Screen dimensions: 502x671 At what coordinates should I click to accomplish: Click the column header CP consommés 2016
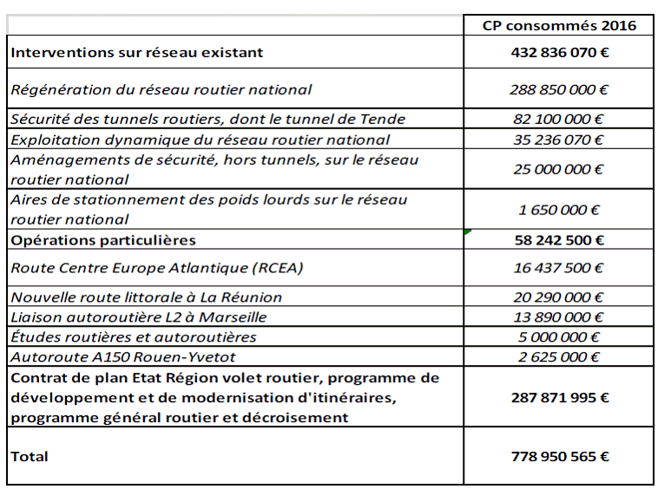point(559,25)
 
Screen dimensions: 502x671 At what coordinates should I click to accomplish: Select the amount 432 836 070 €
point(559,52)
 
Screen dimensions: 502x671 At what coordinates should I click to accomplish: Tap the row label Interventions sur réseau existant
point(136,52)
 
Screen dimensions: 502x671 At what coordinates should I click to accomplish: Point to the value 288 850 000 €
point(559,88)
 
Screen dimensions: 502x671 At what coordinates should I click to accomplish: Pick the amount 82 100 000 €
point(559,119)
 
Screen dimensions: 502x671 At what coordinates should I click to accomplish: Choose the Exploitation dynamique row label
point(201,140)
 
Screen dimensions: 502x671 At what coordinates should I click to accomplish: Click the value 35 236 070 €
point(559,140)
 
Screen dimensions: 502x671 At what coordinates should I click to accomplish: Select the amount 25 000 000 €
point(559,169)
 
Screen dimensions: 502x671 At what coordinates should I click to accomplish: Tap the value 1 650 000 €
point(559,209)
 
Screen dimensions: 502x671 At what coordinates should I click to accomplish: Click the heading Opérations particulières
point(103,239)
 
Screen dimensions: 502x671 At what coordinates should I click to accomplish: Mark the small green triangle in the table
point(468,232)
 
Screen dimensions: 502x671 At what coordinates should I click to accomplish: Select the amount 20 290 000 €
point(559,297)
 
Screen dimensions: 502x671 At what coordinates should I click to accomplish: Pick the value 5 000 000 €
point(559,337)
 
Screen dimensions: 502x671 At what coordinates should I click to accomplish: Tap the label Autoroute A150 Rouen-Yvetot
point(122,356)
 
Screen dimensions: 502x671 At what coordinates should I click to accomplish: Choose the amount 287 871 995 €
point(559,397)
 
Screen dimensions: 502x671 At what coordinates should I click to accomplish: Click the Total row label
point(30,456)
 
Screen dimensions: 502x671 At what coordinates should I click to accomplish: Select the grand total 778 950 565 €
point(559,456)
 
